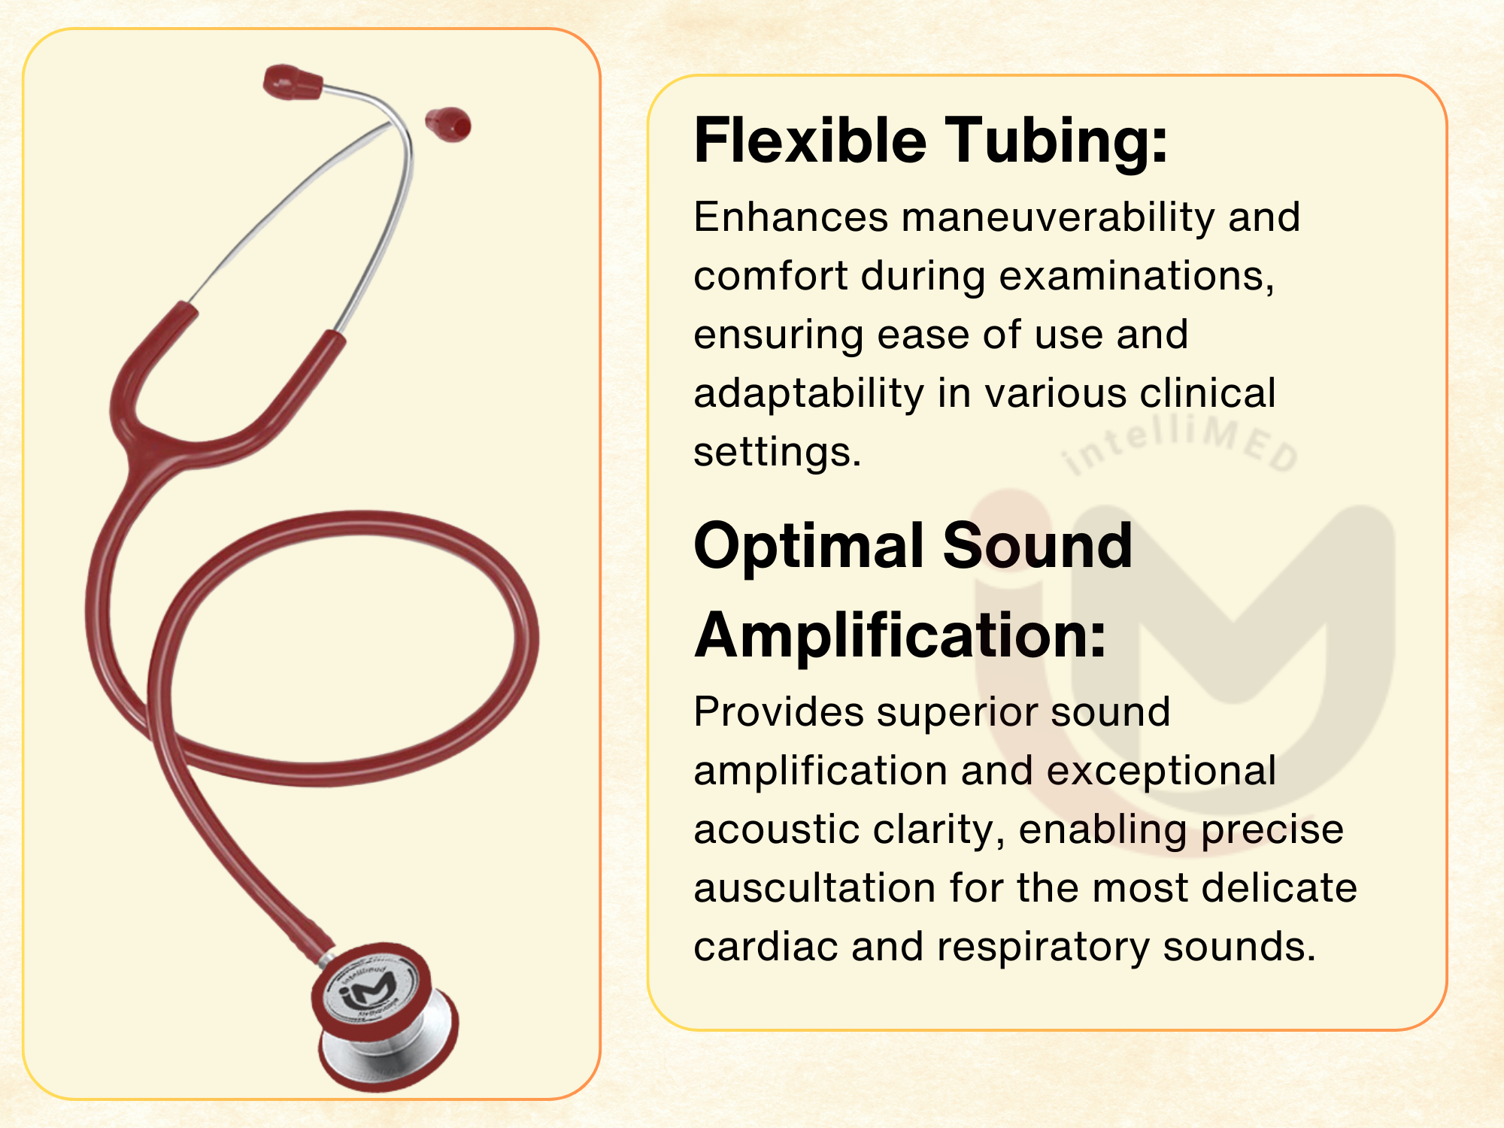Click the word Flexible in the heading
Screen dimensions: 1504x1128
pos(810,140)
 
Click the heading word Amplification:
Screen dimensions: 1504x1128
pos(900,635)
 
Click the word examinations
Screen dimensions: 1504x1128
pos(1136,277)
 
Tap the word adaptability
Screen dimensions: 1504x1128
pos(808,394)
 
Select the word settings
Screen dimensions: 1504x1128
pos(777,453)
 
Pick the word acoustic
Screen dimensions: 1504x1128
pos(776,829)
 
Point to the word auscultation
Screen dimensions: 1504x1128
pos(814,888)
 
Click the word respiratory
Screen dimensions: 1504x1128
pos(1043,948)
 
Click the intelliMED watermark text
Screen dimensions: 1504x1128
pos(1179,444)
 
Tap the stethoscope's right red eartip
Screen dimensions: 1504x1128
pos(448,124)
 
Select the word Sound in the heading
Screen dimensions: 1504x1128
pos(1037,547)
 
